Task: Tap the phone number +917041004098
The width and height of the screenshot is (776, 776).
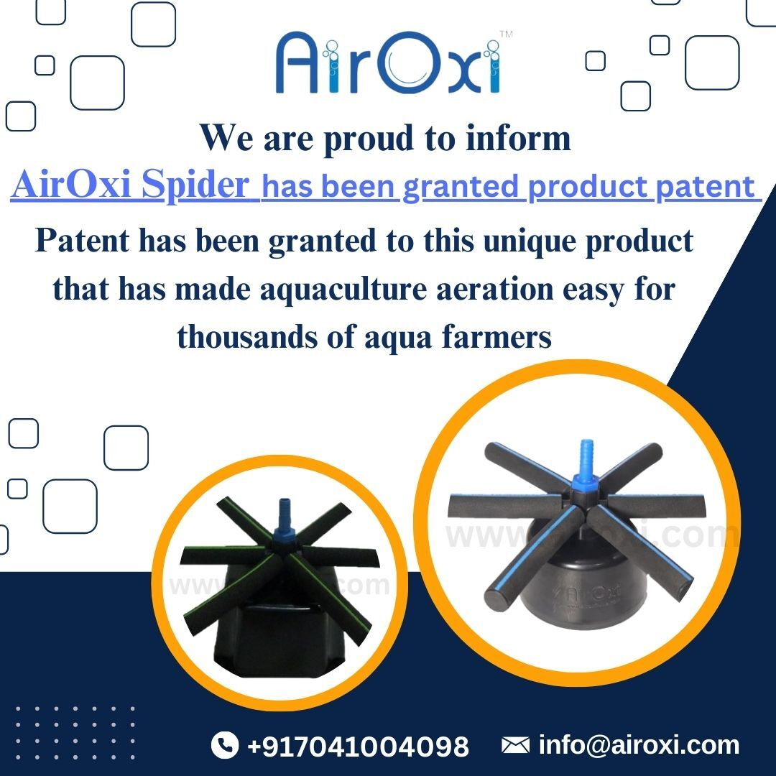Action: (358, 746)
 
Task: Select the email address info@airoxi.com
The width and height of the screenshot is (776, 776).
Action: (638, 745)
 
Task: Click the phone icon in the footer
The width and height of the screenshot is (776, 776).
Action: (225, 745)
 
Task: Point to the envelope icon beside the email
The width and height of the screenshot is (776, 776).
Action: (515, 745)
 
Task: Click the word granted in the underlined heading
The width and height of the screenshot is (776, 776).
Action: (460, 187)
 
